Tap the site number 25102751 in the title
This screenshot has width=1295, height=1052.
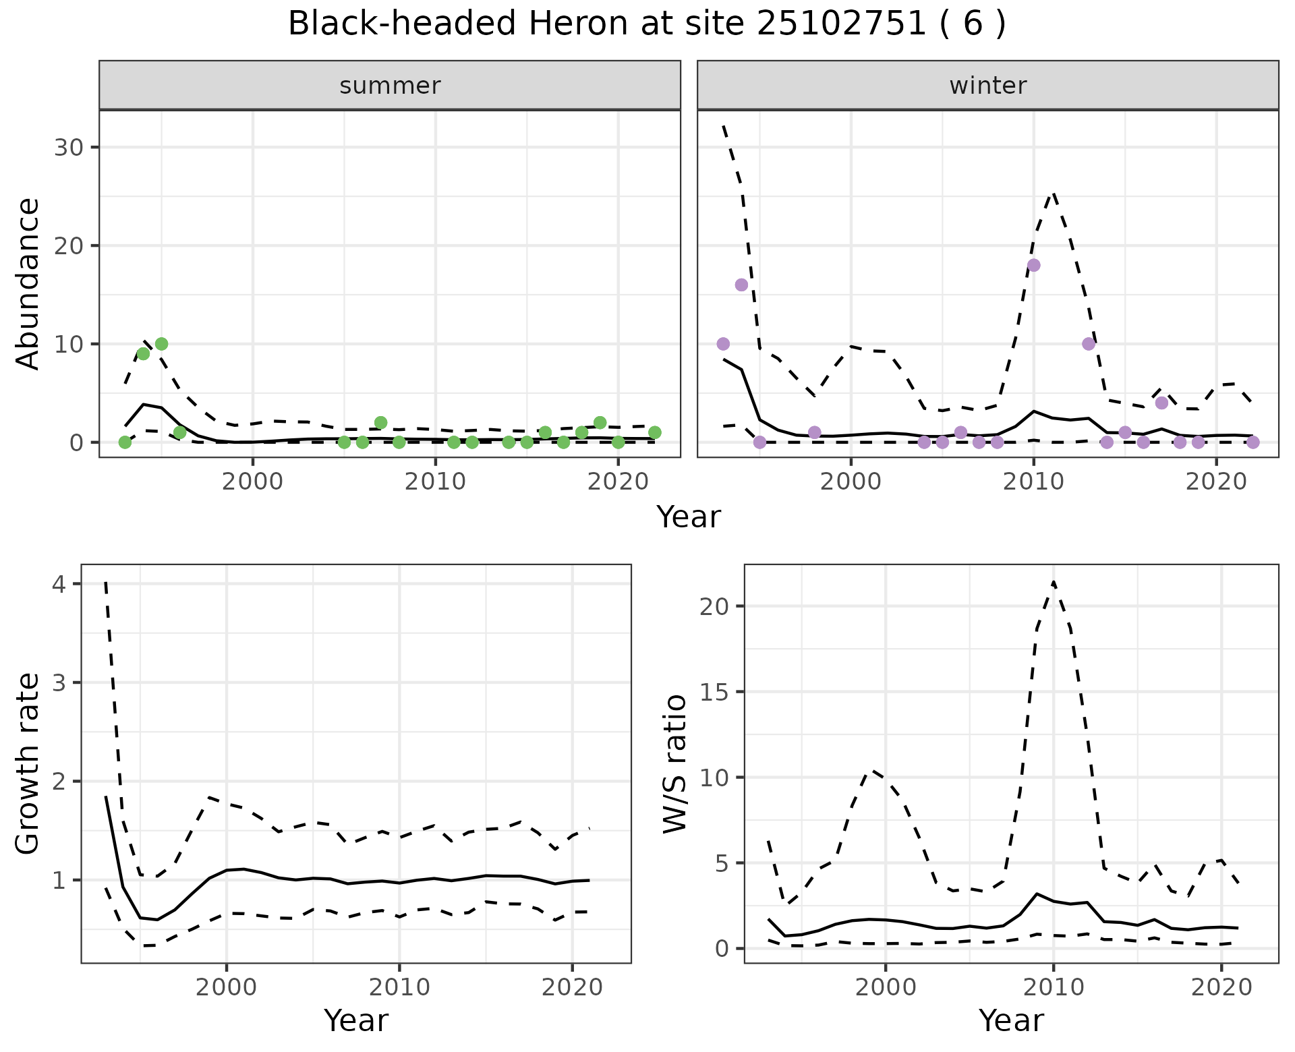coord(841,24)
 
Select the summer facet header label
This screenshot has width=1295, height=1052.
coord(390,86)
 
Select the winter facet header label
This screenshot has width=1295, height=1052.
coord(987,86)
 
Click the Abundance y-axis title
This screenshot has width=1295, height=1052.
coord(28,283)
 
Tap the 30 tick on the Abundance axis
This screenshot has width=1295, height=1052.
coord(68,148)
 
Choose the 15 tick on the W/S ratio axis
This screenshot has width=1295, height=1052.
coord(714,692)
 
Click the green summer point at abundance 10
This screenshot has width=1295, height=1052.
coord(161,344)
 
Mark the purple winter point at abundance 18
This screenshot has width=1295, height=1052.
coord(1033,265)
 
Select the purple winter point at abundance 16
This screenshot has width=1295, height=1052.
coord(741,285)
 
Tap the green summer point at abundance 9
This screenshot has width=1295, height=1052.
coord(143,353)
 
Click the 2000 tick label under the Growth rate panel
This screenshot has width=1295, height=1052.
coord(227,987)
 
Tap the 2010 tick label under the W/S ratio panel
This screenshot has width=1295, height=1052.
coord(1053,987)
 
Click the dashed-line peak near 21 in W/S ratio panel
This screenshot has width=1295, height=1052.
coord(1054,581)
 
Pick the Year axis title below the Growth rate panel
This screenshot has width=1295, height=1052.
coord(356,1020)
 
